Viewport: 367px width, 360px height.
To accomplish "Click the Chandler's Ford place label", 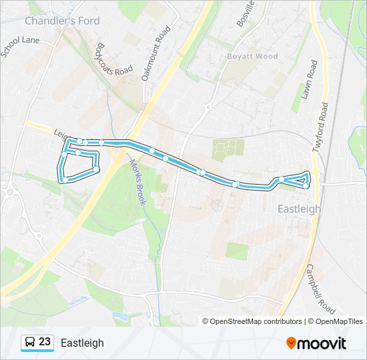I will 62,21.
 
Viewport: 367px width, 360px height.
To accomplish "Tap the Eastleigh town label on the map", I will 298,209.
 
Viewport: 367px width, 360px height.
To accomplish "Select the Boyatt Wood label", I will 252,57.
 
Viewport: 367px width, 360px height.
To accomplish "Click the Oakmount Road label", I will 156,53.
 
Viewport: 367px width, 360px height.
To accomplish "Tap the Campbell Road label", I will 321,288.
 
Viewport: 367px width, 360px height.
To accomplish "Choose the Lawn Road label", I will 310,80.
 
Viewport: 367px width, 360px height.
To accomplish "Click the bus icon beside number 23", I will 30,343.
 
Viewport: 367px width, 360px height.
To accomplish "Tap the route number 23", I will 45,343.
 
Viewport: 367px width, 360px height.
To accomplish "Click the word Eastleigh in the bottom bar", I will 82,343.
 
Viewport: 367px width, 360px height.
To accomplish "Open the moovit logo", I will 316,343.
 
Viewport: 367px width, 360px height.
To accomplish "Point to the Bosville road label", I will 246,13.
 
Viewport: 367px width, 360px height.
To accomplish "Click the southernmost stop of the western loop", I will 65,180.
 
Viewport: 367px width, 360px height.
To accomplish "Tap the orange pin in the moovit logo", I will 291,343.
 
